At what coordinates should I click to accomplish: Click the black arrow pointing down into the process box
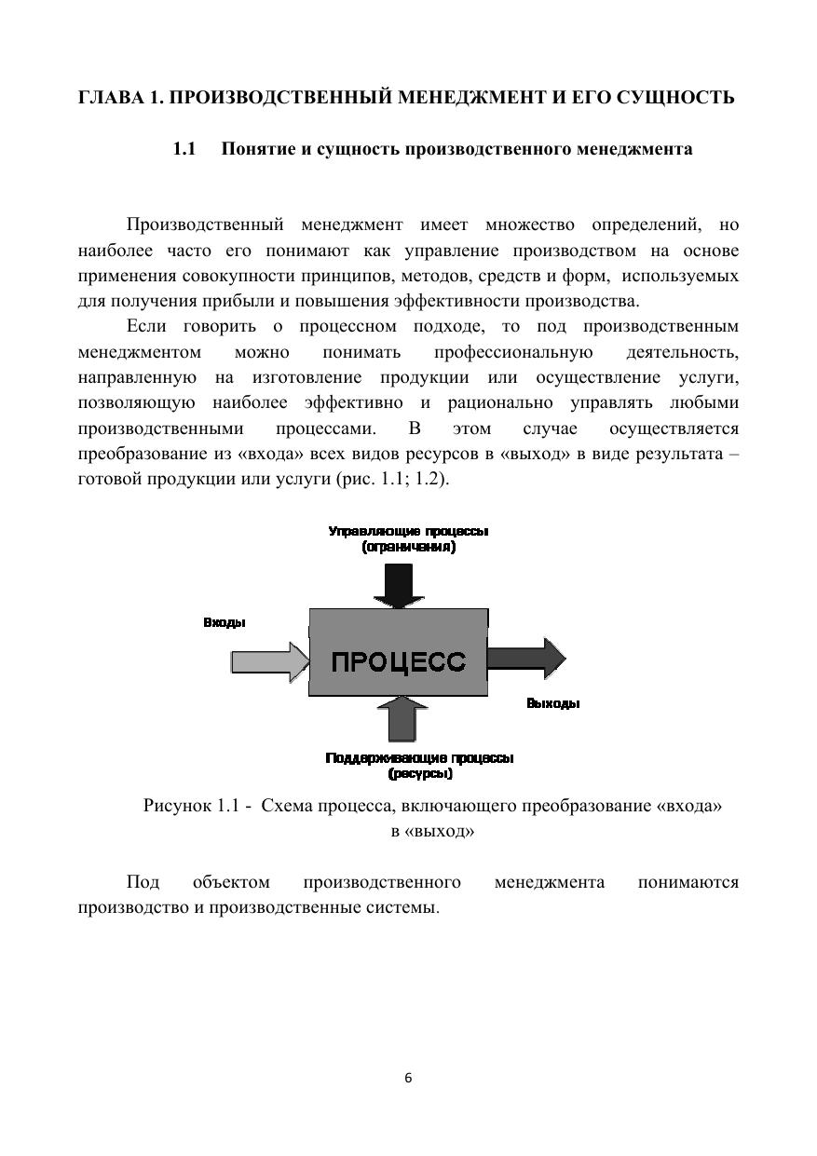tap(398, 585)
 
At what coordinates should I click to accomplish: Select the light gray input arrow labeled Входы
tap(269, 661)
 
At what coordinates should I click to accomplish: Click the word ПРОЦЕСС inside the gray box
tap(398, 661)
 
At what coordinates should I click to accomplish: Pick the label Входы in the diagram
tap(225, 622)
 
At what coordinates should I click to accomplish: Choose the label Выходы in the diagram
tap(552, 703)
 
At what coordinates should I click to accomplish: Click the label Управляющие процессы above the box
tap(408, 531)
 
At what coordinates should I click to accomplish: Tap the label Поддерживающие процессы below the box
tap(419, 758)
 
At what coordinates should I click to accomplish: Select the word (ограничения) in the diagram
tap(408, 547)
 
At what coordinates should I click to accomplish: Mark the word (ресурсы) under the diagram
tap(420, 773)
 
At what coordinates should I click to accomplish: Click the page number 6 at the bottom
tap(408, 1078)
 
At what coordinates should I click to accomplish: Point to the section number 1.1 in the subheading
tap(184, 149)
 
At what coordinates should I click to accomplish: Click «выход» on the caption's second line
tap(439, 831)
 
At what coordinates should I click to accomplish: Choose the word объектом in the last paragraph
tap(231, 881)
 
